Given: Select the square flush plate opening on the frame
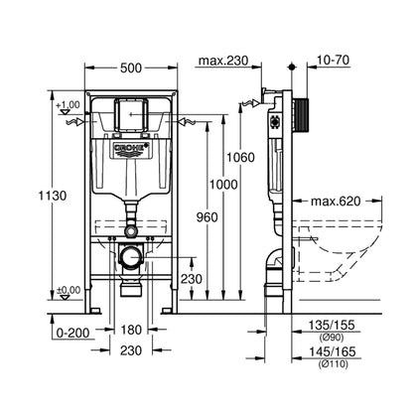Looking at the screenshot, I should [131, 114].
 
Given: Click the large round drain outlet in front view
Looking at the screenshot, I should [130, 261].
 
